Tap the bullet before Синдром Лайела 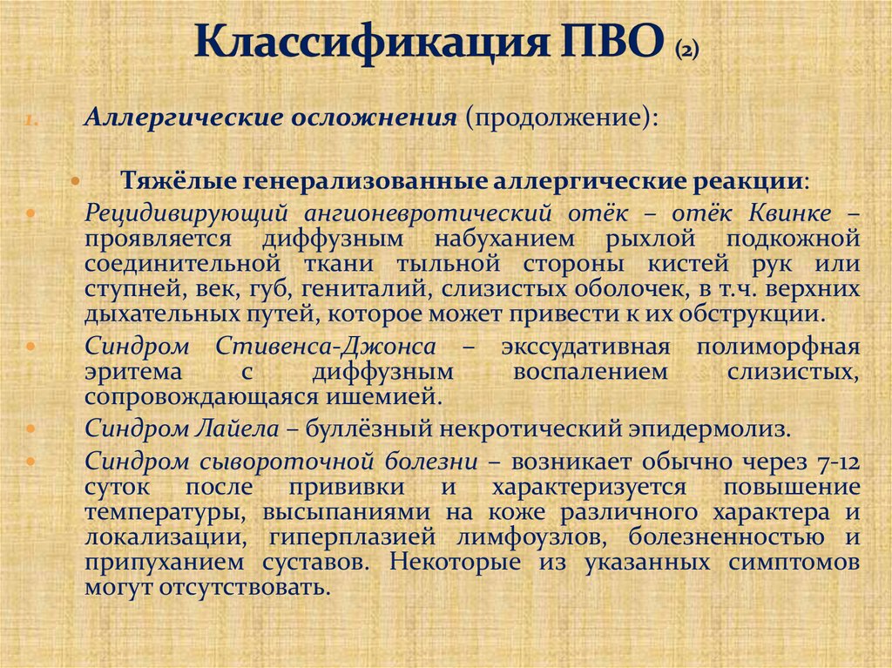coord(32,428)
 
